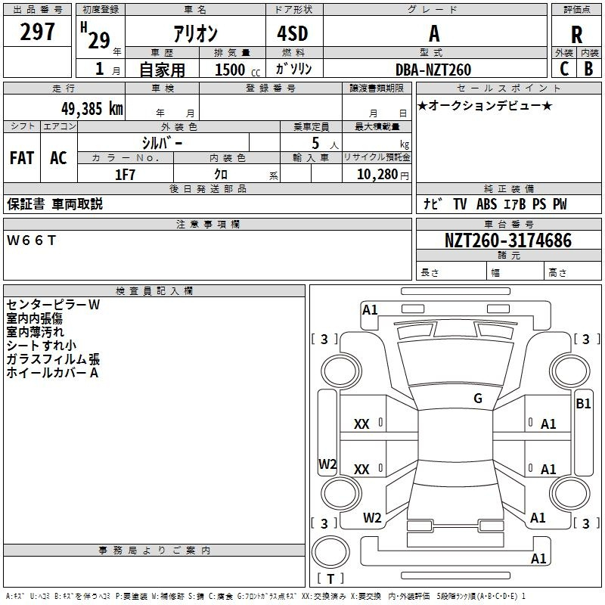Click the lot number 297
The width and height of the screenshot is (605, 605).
click(37, 32)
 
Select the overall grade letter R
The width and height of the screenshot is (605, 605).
click(576, 35)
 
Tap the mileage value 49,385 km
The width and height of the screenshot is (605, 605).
click(92, 109)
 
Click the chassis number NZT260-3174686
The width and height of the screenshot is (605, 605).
click(508, 240)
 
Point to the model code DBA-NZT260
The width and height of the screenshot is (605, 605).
click(433, 70)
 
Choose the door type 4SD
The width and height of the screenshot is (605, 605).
click(293, 33)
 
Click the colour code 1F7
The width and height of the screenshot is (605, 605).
click(125, 175)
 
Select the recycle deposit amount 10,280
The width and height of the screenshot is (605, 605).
click(377, 175)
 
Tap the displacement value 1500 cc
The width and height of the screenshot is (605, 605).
click(237, 70)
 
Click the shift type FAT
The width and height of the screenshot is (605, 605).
click(22, 158)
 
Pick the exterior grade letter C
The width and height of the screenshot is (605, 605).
click(564, 69)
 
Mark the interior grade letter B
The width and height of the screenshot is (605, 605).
click(588, 69)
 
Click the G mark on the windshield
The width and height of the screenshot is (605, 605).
click(478, 398)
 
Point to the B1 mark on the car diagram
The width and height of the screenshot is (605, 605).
click(583, 404)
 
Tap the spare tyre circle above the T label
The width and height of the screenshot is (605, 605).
click(330, 552)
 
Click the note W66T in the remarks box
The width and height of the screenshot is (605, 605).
click(31, 240)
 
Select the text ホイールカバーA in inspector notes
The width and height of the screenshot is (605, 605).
click(52, 373)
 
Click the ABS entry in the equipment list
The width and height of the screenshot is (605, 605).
click(486, 203)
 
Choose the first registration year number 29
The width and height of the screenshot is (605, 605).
click(99, 41)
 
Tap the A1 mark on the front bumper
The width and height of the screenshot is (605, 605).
click(370, 310)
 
